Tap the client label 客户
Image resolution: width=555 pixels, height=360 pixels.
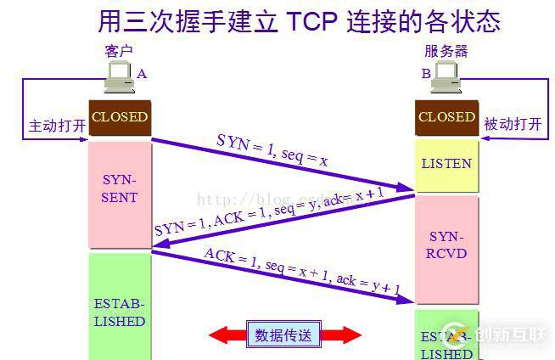[119, 51]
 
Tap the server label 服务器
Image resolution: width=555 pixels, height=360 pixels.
[446, 51]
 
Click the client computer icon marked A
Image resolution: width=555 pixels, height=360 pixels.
[118, 80]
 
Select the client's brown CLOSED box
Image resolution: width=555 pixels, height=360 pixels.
[120, 118]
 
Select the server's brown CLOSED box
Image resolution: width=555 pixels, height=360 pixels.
[446, 118]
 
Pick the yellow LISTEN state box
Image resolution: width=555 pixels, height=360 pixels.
[446, 164]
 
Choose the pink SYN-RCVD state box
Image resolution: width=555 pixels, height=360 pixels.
[446, 245]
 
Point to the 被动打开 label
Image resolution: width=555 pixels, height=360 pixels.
[512, 125]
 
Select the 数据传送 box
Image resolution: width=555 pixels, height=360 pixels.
[283, 335]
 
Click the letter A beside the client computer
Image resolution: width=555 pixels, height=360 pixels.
[142, 74]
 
